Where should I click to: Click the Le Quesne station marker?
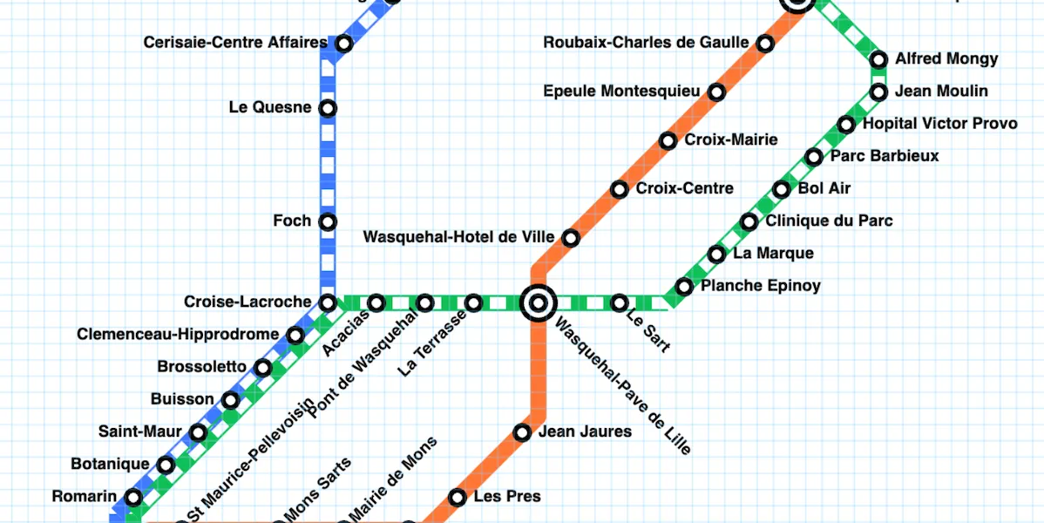[x=328, y=108]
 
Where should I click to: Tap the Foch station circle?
[x=328, y=221]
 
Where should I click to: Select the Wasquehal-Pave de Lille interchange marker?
[x=539, y=303]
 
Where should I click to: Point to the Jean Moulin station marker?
[x=878, y=92]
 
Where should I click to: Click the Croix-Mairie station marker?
[x=668, y=140]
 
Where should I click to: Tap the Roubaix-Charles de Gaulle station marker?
[x=765, y=43]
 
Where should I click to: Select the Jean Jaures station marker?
[x=522, y=432]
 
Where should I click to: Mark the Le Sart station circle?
[x=619, y=303]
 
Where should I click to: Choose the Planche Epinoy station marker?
[x=684, y=287]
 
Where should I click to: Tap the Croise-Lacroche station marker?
[x=328, y=303]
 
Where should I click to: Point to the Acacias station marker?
[x=376, y=303]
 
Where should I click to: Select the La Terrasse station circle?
[x=473, y=303]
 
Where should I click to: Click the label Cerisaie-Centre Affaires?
[x=235, y=42]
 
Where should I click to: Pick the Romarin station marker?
[x=133, y=498]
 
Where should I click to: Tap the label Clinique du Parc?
[x=829, y=221]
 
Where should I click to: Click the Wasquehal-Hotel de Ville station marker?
[x=571, y=237]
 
